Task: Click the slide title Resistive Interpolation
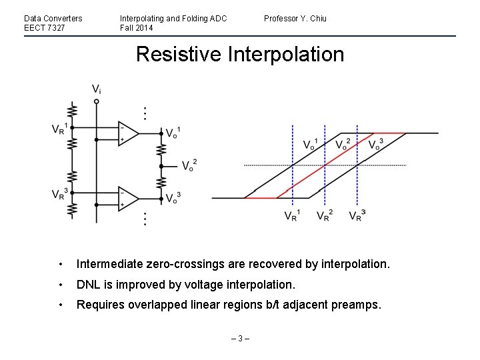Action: pyautogui.click(x=240, y=54)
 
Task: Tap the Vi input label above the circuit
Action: pyautogui.click(x=97, y=89)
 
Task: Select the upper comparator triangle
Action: pyautogui.click(x=127, y=133)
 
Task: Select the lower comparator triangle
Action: pyautogui.click(x=127, y=198)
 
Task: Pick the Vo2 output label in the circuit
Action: pyautogui.click(x=189, y=165)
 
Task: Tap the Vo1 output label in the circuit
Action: pyautogui.click(x=173, y=132)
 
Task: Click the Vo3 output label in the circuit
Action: pyautogui.click(x=173, y=197)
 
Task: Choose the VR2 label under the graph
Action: pyautogui.click(x=325, y=215)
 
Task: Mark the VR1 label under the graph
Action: pyautogui.click(x=292, y=215)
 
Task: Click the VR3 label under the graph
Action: pyautogui.click(x=357, y=215)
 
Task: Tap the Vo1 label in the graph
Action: pyautogui.click(x=311, y=143)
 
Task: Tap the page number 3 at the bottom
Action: pyautogui.click(x=239, y=339)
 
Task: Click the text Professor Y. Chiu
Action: pyautogui.click(x=295, y=18)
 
